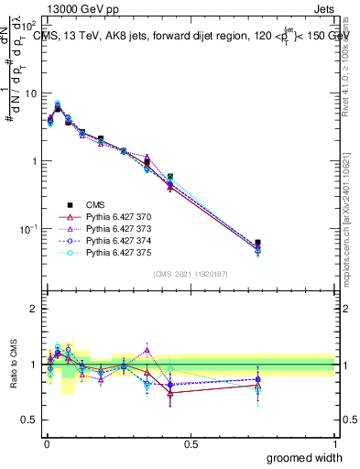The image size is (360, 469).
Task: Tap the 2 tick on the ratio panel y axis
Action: click(x=34, y=309)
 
